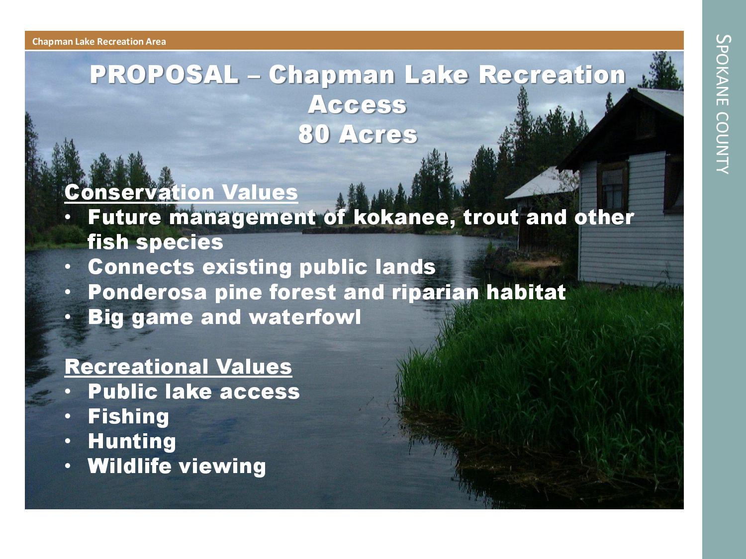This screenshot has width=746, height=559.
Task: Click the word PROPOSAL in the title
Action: pos(164,75)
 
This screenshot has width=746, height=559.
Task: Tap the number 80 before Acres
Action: pos(314,134)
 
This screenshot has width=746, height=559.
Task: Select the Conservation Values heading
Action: pos(181,193)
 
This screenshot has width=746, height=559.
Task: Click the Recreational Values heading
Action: pos(178,367)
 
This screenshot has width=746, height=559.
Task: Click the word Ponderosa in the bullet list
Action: pos(147,292)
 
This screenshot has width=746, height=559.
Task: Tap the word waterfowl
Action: pos(304,317)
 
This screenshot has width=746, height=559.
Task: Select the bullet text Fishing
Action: pos(128,416)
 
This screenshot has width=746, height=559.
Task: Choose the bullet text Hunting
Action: pos(132,441)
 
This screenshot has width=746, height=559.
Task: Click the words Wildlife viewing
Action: pos(177,466)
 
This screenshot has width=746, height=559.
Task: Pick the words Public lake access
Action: pos(194,392)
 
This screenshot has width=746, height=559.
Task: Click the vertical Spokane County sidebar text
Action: pos(724,104)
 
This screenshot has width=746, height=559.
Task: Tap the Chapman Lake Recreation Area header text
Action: pos(99,41)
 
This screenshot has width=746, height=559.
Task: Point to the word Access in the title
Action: pos(357,104)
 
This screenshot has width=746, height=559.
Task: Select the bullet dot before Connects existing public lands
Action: pos(68,267)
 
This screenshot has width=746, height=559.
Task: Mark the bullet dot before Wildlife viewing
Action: pos(68,466)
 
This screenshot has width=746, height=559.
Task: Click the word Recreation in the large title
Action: pos(552,75)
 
